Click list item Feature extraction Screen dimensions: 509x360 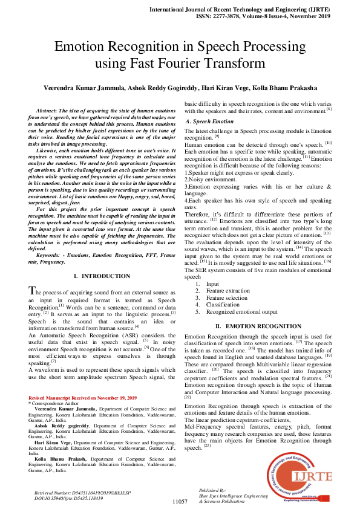[x=227, y=291]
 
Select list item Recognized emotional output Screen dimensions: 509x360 [x=241, y=313]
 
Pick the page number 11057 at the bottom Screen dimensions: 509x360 [x=180, y=502]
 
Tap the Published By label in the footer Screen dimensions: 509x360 [x=212, y=490]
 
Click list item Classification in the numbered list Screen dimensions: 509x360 [x=223, y=305]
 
